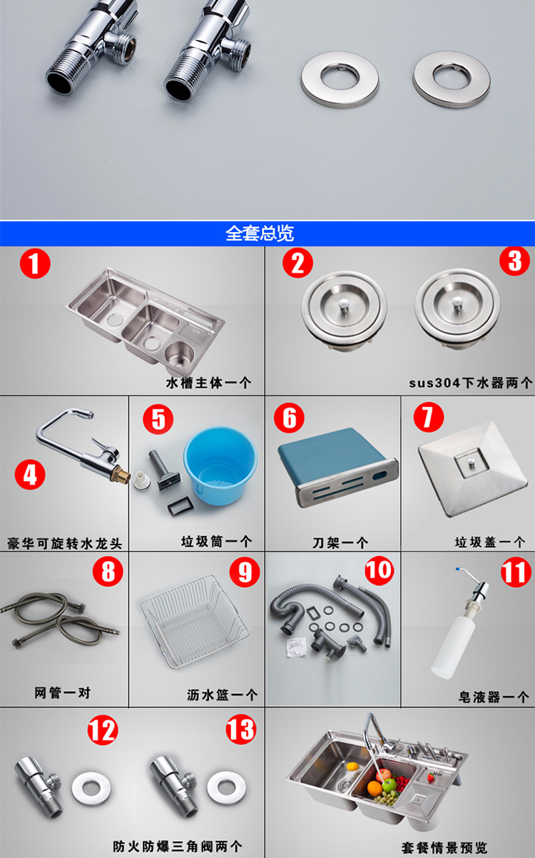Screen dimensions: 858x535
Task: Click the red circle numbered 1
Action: (x=35, y=265)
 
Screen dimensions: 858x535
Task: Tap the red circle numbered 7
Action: (x=428, y=418)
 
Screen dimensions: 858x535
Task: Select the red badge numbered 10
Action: (x=379, y=570)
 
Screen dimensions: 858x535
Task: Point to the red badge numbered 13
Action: (x=240, y=729)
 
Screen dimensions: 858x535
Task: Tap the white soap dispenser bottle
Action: (x=454, y=647)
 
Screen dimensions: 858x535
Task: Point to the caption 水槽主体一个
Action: (x=209, y=383)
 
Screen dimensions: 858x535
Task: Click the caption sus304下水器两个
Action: (x=470, y=383)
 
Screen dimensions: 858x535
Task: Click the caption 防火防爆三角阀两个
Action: (x=177, y=846)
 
